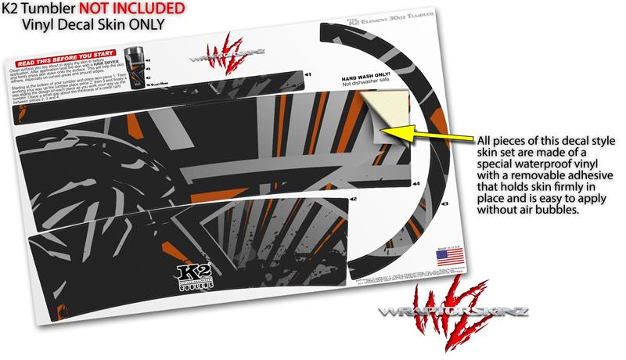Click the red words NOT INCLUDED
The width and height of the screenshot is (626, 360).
pyautogui.click(x=134, y=9)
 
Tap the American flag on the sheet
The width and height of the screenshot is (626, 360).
pyautogui.click(x=451, y=256)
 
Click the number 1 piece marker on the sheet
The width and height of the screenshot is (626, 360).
pyautogui.click(x=308, y=74)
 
